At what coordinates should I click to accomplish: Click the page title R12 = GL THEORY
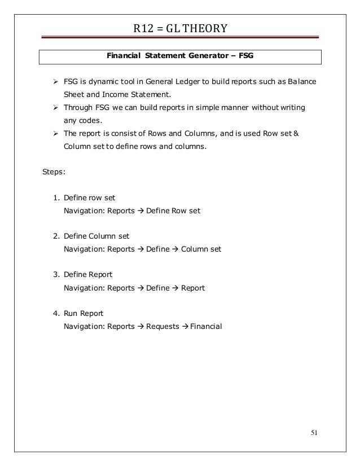(x=181, y=28)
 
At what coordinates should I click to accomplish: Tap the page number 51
(x=315, y=433)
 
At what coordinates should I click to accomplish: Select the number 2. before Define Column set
(x=56, y=236)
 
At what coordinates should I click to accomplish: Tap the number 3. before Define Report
(x=56, y=275)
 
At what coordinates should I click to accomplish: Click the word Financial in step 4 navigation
(x=207, y=326)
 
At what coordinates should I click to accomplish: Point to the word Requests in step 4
(x=162, y=326)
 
